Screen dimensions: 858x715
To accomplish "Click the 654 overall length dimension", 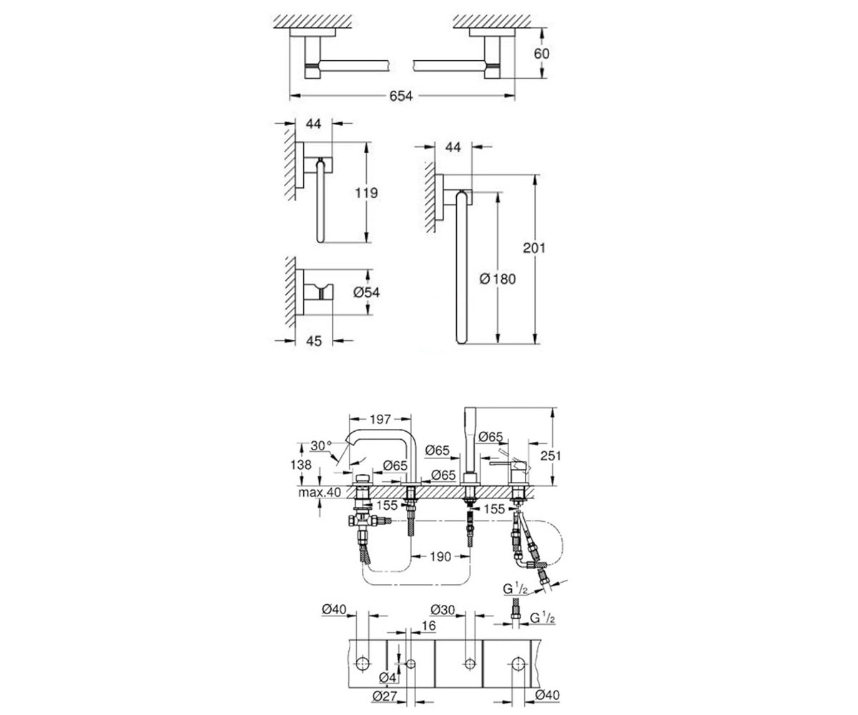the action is click(400, 96).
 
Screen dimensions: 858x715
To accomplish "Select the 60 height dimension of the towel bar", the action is click(541, 54).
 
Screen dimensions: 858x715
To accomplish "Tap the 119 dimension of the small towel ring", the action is click(366, 192).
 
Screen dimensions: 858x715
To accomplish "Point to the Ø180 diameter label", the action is click(497, 279).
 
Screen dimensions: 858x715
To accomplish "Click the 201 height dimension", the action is click(534, 248).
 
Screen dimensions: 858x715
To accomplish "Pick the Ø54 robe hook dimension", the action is click(367, 292).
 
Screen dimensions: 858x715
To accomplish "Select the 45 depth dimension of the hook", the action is click(314, 341).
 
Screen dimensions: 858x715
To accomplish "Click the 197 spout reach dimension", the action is click(380, 419).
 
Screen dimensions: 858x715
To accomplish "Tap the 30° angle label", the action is click(321, 445).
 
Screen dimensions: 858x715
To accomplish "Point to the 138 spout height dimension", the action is click(301, 465).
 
